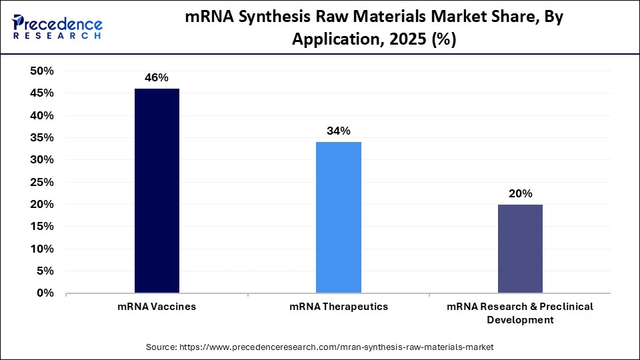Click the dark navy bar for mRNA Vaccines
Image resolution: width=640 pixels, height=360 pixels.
[x=157, y=191]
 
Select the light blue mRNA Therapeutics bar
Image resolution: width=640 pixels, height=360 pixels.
[x=338, y=217]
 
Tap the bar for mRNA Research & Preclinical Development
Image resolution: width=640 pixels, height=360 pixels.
[x=520, y=248]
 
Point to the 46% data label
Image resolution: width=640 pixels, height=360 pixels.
[x=157, y=78]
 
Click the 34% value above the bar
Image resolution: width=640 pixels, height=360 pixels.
[x=338, y=131]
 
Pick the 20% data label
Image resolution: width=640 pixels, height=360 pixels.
[x=520, y=194]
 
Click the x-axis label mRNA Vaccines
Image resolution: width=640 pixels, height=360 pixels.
[x=157, y=307]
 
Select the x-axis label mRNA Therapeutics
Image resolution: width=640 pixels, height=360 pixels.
[x=338, y=307]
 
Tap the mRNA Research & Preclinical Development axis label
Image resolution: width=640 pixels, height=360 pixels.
[x=520, y=313]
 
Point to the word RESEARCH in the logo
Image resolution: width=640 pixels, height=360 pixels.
[x=57, y=36]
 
